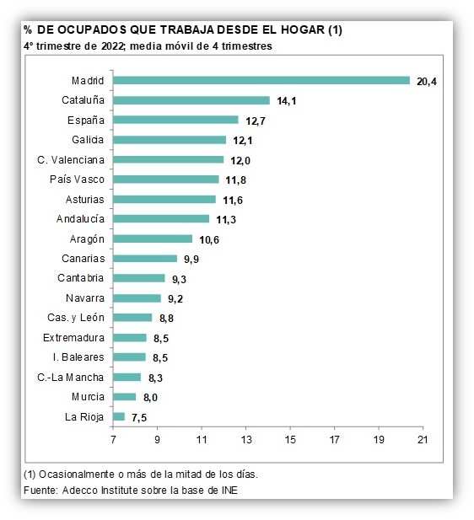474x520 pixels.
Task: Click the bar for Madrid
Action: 261,81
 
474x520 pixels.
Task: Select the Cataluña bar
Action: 191,100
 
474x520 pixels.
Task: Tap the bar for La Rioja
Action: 119,416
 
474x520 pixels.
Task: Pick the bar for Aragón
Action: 153,239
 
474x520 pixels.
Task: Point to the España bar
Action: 175,120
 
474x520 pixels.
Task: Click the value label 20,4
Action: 427,82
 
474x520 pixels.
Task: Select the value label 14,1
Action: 287,101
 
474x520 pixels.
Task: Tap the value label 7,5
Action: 139,417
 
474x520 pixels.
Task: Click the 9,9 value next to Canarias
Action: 191,259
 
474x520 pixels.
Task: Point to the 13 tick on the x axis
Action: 246,440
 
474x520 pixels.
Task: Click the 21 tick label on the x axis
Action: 423,440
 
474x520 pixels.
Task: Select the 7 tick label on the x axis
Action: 113,440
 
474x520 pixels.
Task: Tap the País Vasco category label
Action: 77,180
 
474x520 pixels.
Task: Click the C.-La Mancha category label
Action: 71,378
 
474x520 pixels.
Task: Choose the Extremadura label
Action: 73,338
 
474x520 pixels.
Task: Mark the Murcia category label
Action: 88,397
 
